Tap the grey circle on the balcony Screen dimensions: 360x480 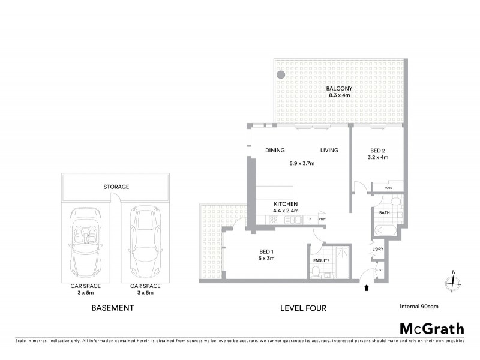coord(281,76)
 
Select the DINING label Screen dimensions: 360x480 coord(275,150)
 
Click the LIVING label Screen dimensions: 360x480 coord(329,150)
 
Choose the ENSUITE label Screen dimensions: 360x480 coord(322,260)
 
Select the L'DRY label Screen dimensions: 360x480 coord(377,248)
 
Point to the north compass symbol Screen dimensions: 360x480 coord(454,282)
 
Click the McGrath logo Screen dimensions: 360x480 coord(431,328)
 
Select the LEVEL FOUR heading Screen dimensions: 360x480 coord(303,308)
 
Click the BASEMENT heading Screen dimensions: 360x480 coord(112,308)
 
